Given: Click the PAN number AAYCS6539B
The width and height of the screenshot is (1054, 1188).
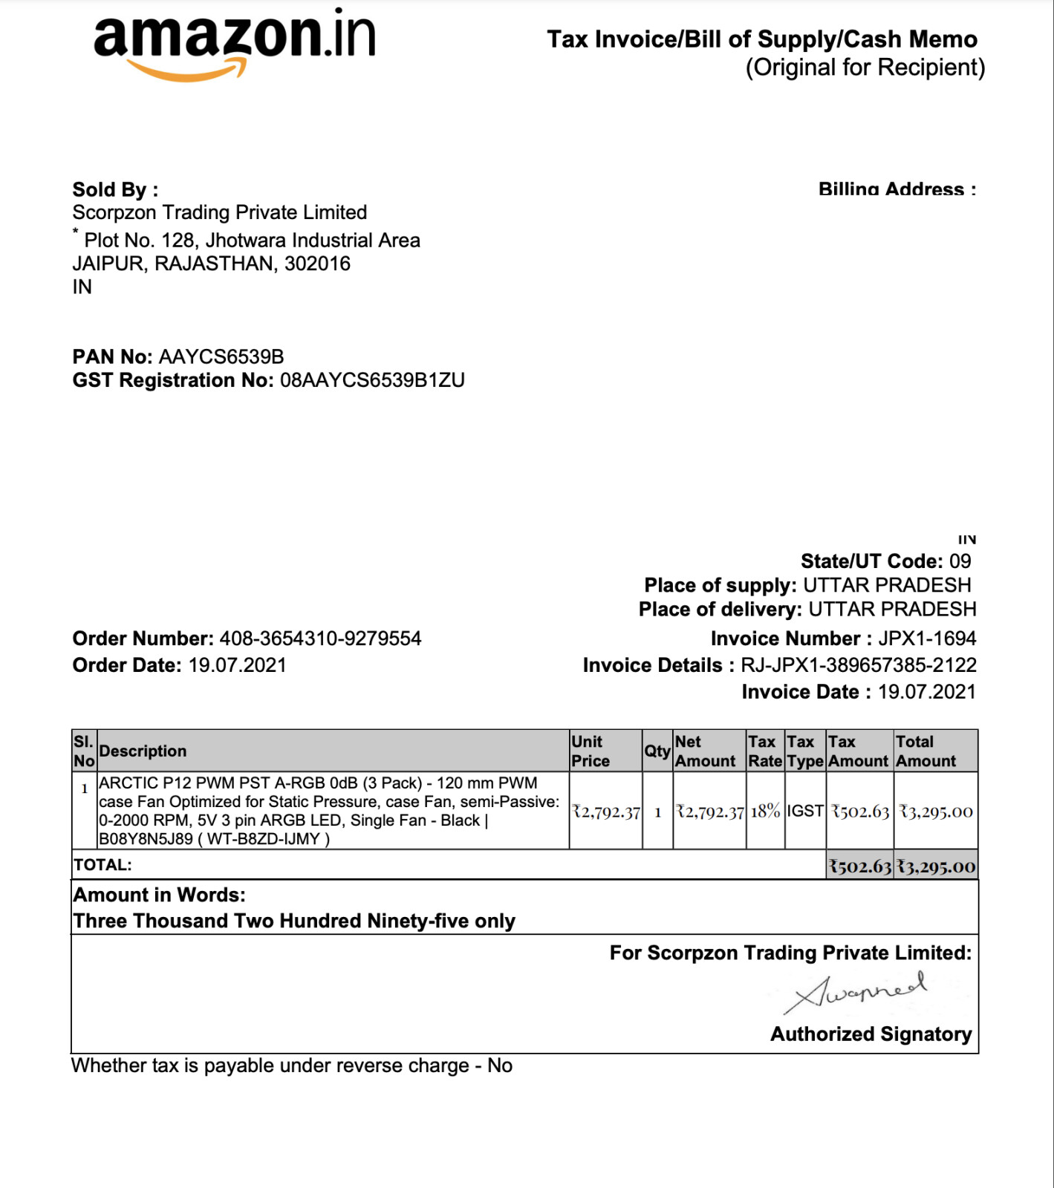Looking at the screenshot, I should point(221,357).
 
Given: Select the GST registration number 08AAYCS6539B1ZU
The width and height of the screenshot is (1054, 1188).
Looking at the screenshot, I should point(372,381).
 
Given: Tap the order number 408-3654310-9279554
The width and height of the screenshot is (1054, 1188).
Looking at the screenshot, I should point(320,639).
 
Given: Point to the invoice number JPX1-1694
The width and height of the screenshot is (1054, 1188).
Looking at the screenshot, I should point(927,639).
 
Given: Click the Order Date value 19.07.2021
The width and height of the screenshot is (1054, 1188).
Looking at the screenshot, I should point(237,665).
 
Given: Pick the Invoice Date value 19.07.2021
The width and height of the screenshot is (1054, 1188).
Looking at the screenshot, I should point(926,692).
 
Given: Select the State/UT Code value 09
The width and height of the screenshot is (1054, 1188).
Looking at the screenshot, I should point(960,561).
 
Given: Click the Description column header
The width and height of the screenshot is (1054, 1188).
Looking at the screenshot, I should point(143,751).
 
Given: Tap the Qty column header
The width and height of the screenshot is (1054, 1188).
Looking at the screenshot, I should point(657,751).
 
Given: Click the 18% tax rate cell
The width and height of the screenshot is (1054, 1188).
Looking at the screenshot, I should point(765,812).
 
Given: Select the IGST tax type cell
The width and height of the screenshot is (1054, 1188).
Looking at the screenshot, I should point(805,812).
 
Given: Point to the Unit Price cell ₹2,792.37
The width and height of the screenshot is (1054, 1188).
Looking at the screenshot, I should point(606,812).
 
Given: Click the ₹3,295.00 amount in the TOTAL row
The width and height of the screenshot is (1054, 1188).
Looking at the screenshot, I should point(936,866).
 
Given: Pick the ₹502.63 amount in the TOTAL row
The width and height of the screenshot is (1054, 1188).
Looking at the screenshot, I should point(860,866).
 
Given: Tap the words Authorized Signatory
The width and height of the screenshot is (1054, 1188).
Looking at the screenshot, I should point(871,1034).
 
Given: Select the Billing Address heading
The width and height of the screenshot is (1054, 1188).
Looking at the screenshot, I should point(897,189).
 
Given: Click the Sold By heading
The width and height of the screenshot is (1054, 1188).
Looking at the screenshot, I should point(115,190).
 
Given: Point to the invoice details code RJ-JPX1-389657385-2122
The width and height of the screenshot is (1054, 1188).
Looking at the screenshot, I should point(858,665).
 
